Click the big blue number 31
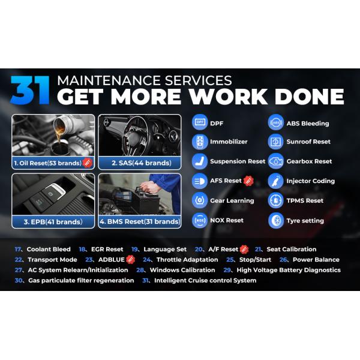(30, 90)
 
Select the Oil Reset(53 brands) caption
(48, 163)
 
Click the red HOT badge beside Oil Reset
(88, 163)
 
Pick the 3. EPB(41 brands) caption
(53, 222)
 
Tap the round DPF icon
(200, 122)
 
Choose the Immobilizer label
(229, 142)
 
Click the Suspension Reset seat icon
(200, 161)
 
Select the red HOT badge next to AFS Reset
(248, 181)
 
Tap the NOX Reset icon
(200, 220)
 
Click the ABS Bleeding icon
(276, 122)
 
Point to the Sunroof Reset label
(308, 142)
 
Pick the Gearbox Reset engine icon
(276, 161)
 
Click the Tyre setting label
(305, 221)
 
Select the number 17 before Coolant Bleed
(18, 250)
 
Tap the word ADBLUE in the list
(112, 260)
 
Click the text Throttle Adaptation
(187, 260)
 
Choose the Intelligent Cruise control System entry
(205, 281)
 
